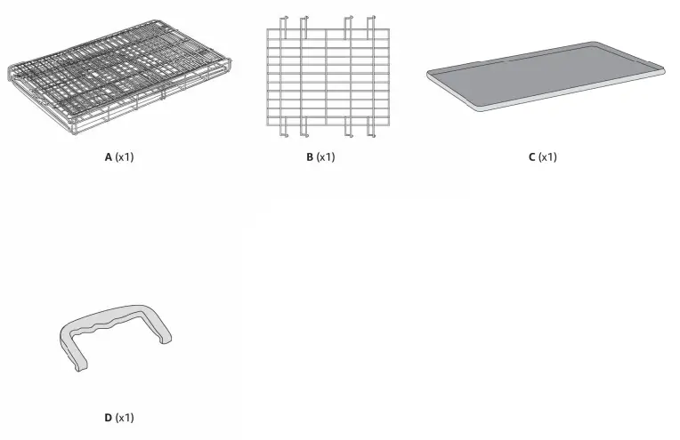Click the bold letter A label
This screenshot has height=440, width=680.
tap(108, 157)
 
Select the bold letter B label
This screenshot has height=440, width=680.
tap(309, 157)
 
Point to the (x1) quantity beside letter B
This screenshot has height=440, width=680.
tap(326, 157)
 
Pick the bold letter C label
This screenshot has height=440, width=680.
tap(531, 157)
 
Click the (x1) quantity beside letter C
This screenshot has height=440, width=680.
tap(548, 157)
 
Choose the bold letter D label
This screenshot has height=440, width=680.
tap(108, 417)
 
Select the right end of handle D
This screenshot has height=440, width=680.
tap(165, 338)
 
